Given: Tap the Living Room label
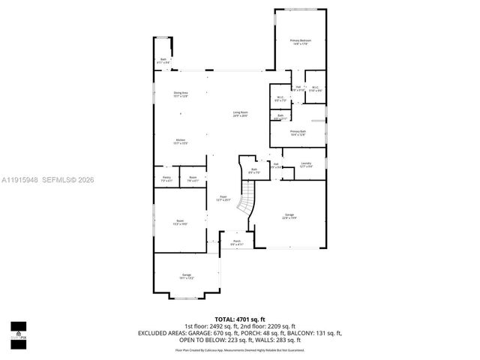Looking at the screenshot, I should pyautogui.click(x=240, y=114).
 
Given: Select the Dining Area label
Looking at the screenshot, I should pyautogui.click(x=180, y=94).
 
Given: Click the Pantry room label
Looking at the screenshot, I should pyautogui.click(x=166, y=179).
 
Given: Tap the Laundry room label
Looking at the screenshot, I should pyautogui.click(x=306, y=165).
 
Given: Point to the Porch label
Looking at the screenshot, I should pyautogui.click(x=236, y=242).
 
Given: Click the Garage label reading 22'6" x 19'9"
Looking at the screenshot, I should pyautogui.click(x=289, y=217).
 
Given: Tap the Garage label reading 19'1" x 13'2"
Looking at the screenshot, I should pyautogui.click(x=187, y=277).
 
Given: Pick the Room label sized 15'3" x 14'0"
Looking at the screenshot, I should pyautogui.click(x=180, y=222).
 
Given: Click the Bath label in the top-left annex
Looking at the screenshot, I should pyautogui.click(x=163, y=61).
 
